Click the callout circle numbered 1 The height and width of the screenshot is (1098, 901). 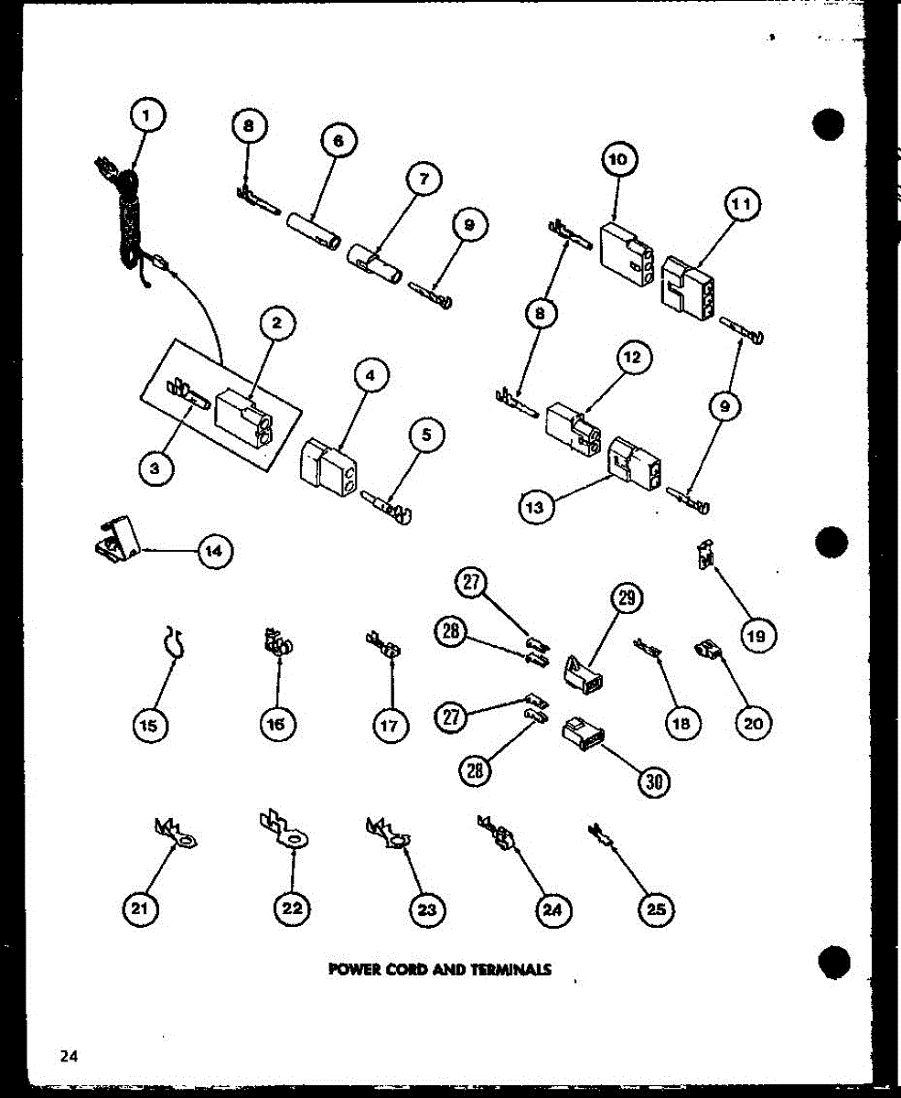148,116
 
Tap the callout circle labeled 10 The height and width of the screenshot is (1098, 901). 618,161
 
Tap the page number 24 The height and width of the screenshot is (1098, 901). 69,1056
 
